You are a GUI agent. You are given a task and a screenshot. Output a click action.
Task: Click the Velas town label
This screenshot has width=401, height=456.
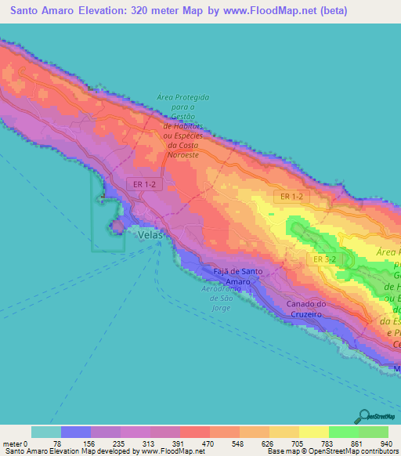(150, 234)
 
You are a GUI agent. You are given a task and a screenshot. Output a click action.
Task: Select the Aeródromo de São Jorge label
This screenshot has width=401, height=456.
(215, 293)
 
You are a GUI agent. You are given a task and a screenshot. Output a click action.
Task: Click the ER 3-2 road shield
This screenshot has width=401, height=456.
(324, 259)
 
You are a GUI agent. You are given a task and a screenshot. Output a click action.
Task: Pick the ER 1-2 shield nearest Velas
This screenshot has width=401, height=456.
(143, 183)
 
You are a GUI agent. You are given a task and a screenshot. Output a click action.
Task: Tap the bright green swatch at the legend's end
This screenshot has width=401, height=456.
(373, 432)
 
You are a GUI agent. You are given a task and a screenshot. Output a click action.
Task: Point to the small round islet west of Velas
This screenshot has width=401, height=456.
(117, 226)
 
